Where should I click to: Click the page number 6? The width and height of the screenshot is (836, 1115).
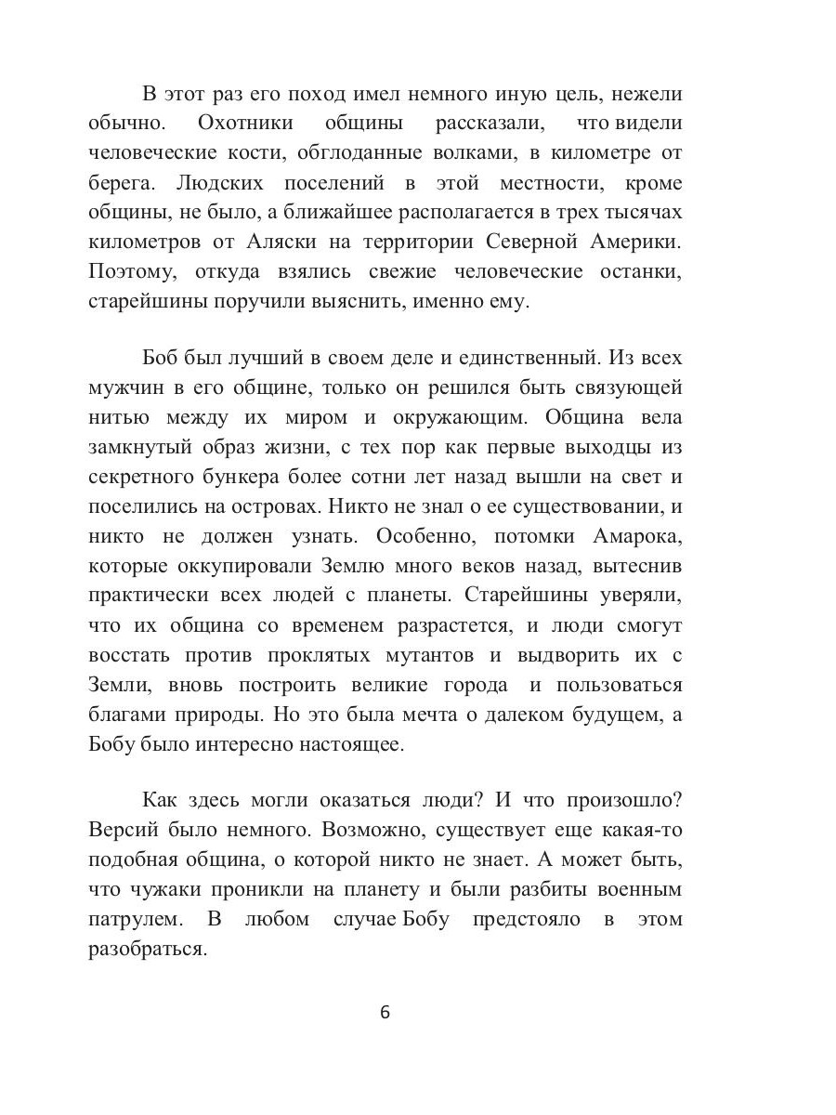click(385, 1013)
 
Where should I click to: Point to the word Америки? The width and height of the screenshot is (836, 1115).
click(636, 243)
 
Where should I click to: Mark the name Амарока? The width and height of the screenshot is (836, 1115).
click(636, 538)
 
